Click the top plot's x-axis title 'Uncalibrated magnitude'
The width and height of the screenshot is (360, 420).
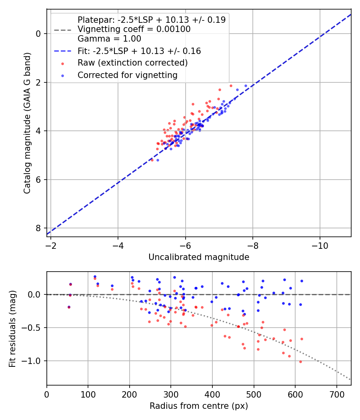(199, 257)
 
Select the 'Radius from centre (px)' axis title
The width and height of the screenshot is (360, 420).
(199, 406)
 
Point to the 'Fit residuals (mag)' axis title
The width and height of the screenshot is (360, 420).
(12, 328)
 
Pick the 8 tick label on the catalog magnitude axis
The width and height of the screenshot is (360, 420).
(38, 228)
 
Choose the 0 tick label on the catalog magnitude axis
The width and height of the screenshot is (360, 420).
(38, 34)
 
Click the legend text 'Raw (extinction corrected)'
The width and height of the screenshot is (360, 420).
(133, 63)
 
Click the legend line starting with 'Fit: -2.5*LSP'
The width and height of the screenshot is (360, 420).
(139, 51)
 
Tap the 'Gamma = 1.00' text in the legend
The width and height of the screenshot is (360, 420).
(109, 39)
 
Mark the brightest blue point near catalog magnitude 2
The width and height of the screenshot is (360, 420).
(246, 86)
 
